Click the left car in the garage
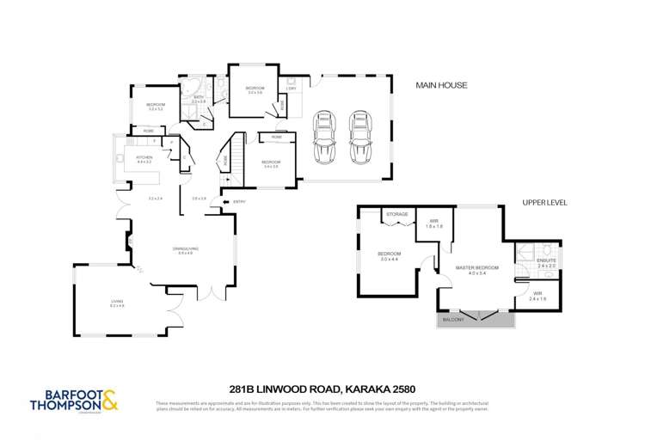tap(327, 138)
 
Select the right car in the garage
tap(359, 138)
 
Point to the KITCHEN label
tap(144, 159)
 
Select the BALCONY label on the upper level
tap(454, 320)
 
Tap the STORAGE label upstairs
tap(396, 214)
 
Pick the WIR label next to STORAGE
tap(434, 221)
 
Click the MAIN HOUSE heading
tap(441, 85)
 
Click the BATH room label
tap(198, 97)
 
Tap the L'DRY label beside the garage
tap(292, 89)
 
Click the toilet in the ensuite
tap(522, 254)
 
